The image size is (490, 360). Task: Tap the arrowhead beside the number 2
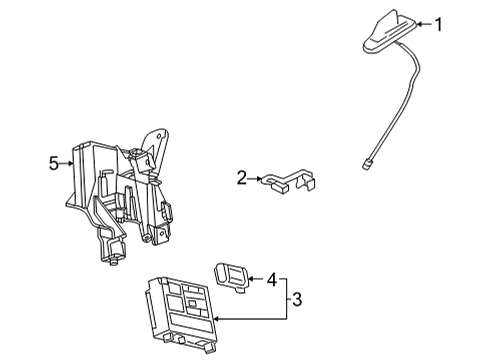click(x=256, y=177)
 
